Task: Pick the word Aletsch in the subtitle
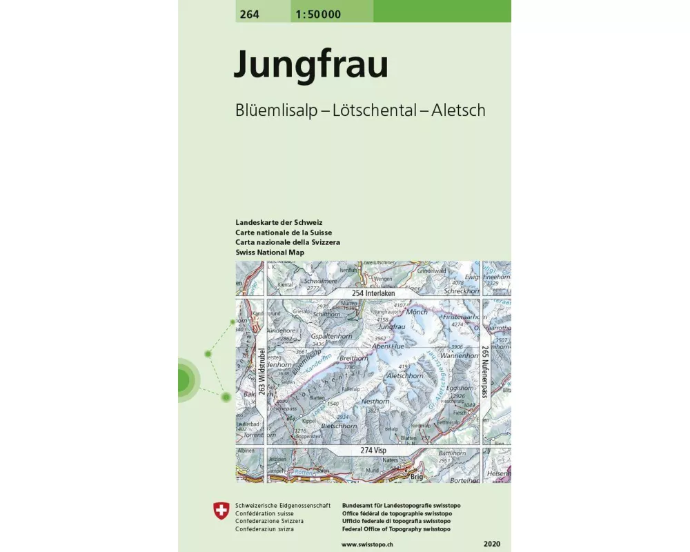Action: (458, 110)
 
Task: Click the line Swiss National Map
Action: (270, 253)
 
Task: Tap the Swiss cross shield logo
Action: (221, 511)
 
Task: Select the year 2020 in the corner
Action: (494, 545)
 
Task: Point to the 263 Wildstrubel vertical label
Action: (262, 371)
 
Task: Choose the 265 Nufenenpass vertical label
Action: (485, 371)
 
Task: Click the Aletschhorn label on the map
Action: (405, 376)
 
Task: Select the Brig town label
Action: (416, 476)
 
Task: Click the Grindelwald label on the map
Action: (432, 271)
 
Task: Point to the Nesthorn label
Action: (375, 401)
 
